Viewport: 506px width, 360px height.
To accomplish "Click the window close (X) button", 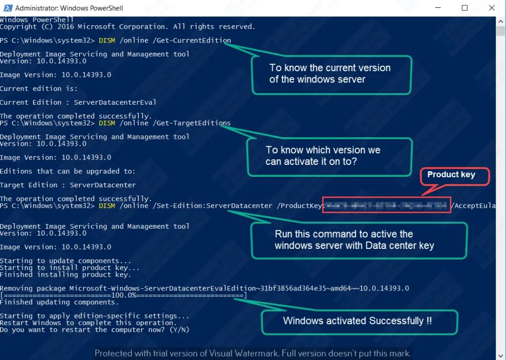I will [491, 8].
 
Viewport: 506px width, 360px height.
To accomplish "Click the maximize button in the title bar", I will [464, 8].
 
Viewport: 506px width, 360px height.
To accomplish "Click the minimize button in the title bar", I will [437, 8].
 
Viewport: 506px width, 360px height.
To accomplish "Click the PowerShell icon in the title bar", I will [7, 8].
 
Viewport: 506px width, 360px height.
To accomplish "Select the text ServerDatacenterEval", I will [115, 102].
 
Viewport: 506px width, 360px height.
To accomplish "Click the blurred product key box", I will [386, 205].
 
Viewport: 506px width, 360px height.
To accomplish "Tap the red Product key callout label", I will [451, 175].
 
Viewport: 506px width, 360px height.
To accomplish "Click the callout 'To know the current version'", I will [330, 74].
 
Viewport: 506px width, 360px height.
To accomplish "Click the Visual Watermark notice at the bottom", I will [253, 353].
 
